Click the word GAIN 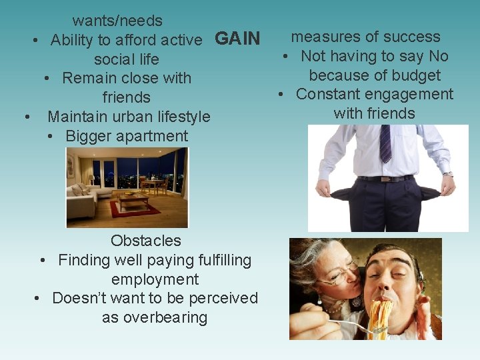237,39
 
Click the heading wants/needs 117,21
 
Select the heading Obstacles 146,240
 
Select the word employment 155,279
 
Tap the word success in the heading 413,37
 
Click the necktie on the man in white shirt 385,143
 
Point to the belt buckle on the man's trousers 385,178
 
